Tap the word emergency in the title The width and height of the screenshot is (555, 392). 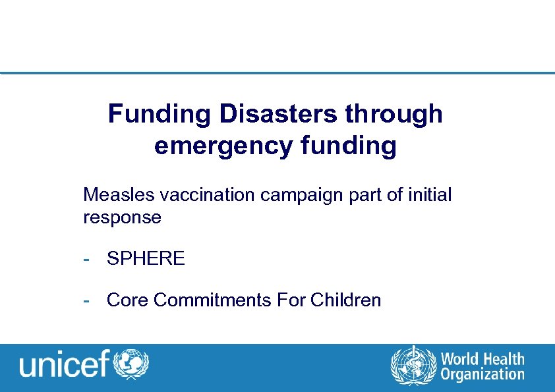(221, 146)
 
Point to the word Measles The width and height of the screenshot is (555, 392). (113, 195)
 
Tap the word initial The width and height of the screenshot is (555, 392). (428, 195)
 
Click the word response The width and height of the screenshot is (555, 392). (122, 217)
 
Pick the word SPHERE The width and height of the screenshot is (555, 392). (146, 258)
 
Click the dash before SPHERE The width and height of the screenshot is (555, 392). (86, 259)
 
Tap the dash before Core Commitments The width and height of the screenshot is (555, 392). (86, 301)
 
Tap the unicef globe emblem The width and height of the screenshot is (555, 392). (132, 363)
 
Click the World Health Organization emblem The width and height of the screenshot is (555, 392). (413, 364)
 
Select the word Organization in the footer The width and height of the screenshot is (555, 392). (482, 374)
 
